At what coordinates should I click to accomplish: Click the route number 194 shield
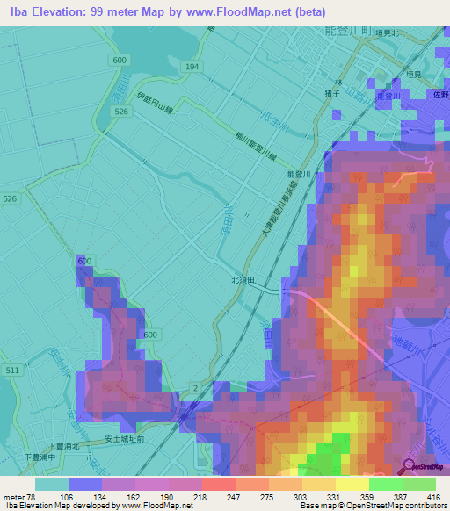tap(192, 67)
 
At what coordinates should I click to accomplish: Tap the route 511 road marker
tap(11, 371)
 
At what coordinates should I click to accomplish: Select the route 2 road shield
tap(193, 386)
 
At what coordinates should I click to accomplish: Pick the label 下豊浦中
tap(40, 457)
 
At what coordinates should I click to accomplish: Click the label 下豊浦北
tap(63, 446)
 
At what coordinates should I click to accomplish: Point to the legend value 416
tap(434, 496)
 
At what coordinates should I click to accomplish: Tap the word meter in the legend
tap(15, 496)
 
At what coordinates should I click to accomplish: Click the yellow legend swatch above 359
tap(352, 484)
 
